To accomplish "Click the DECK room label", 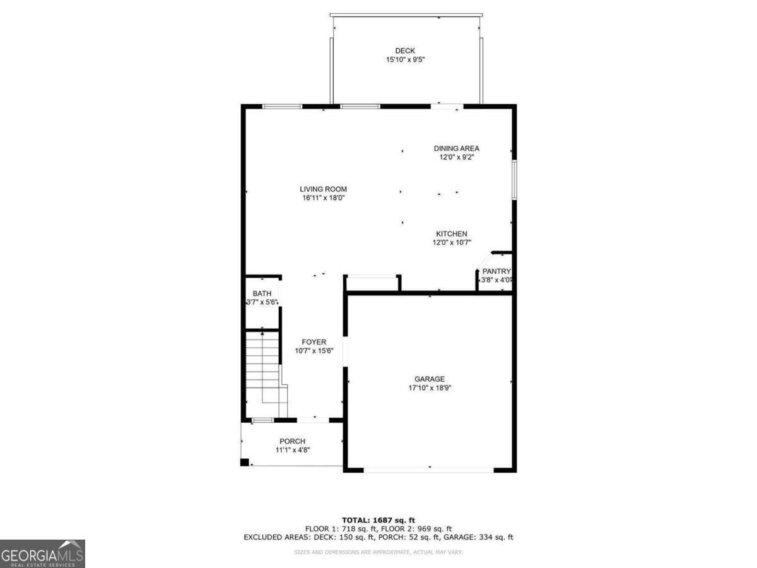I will (405, 51).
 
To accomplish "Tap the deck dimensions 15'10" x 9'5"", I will (405, 60).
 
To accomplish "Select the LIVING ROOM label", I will (323, 189).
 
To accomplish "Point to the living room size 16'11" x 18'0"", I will (323, 198).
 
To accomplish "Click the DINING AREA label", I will (456, 148).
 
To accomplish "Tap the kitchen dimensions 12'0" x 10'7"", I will (452, 242).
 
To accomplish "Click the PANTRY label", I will (496, 271).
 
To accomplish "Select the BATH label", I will (262, 293).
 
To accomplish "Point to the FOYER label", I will (314, 342).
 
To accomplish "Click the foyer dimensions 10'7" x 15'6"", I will (314, 351).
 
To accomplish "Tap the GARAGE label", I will (430, 379).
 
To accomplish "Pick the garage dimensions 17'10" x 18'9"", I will (430, 388).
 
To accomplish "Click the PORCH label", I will (292, 441).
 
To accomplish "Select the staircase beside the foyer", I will (264, 372).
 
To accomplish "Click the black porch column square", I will (244, 463).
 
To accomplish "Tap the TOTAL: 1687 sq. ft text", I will (378, 519).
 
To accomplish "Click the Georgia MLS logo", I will (42, 553).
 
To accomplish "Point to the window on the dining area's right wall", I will (514, 180).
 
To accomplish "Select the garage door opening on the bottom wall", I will (430, 470).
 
